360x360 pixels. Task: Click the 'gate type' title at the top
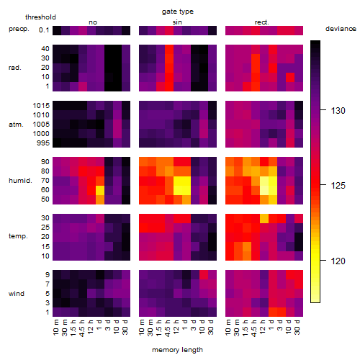coord(178,12)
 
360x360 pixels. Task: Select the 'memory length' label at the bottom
coord(177,350)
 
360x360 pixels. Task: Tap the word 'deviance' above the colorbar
coord(341,29)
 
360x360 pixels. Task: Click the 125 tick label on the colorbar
coord(338,186)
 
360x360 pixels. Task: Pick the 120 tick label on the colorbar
coord(338,261)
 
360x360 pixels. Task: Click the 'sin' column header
coord(177,22)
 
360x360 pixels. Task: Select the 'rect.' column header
coord(261,22)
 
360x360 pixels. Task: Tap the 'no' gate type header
coord(93,22)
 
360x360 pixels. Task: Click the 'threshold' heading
coord(40,17)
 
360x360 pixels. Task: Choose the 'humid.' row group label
coord(20,181)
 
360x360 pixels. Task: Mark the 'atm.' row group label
coord(16,125)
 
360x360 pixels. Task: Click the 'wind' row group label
coord(17,294)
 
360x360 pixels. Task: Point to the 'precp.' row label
coord(19,29)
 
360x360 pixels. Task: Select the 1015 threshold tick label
coord(41,106)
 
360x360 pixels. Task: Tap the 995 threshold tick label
coord(43,143)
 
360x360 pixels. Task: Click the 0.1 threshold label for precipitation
coord(44,30)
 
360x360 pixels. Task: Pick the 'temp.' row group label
coord(18,236)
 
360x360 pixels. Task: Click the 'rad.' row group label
coord(15,68)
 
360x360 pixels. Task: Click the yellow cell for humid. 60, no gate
coord(100,190)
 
